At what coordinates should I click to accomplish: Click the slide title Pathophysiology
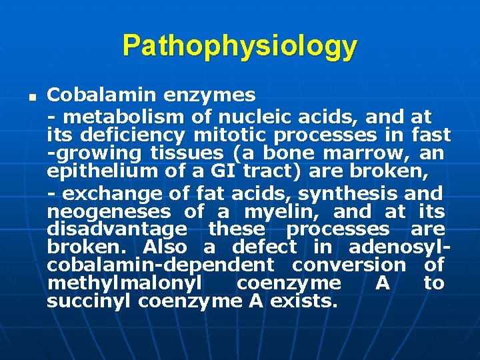coord(239,46)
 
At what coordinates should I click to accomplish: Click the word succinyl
coord(89,301)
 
